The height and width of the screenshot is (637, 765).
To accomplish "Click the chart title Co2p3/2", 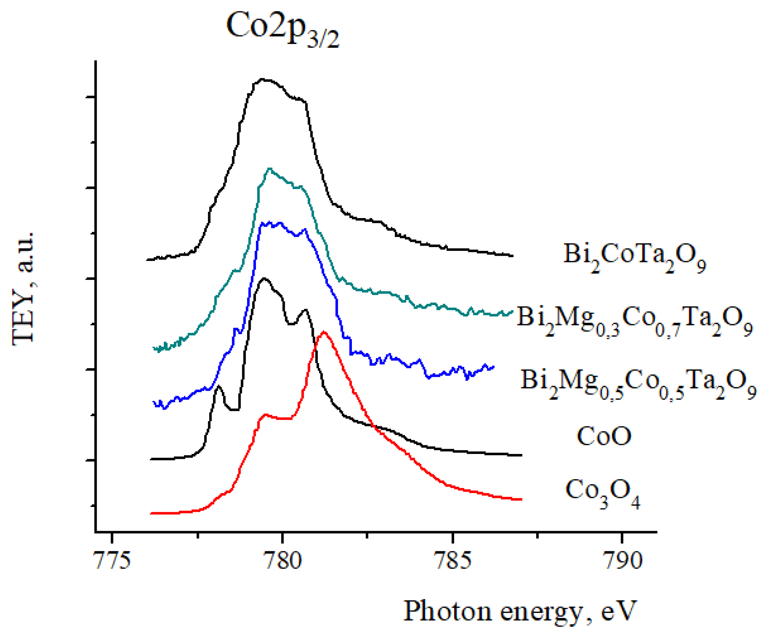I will click(282, 28).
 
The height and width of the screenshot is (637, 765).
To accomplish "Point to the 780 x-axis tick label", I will click(282, 560).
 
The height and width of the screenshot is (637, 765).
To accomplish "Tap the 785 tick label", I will click(453, 560).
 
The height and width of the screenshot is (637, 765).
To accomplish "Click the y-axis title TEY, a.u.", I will click(23, 289).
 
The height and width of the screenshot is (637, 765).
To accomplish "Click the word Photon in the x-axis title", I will click(447, 611).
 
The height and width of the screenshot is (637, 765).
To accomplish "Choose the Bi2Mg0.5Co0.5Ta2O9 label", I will click(638, 382).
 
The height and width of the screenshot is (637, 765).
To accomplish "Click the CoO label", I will click(604, 436).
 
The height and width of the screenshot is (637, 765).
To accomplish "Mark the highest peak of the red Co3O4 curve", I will click(324, 331).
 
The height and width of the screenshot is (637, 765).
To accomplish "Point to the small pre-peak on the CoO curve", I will click(219, 387).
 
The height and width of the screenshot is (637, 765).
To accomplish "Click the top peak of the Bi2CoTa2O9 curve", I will click(262, 79).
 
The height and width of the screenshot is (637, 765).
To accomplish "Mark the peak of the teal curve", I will click(269, 169).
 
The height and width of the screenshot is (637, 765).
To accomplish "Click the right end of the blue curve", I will click(494, 367).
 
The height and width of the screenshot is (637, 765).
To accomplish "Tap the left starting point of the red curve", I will click(151, 513).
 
